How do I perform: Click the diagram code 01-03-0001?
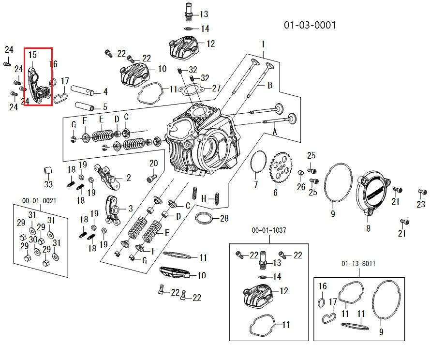pos(310,25)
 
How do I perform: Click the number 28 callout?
pos(223,219)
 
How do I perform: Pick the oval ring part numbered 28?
pos(204,219)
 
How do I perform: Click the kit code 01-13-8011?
pos(358,264)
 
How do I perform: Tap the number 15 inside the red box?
pos(32,55)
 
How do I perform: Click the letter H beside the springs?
pos(204,198)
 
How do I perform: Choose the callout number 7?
pos(256,184)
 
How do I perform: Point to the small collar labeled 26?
pos(300,172)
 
